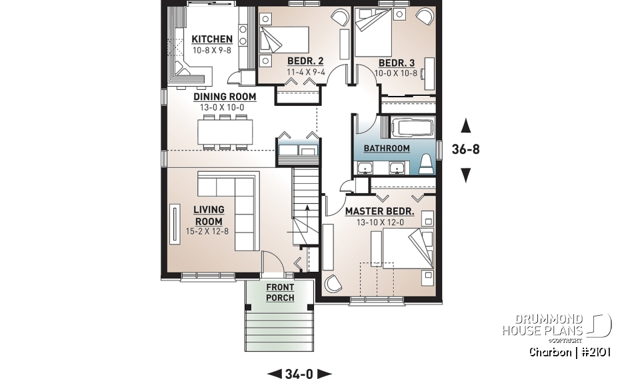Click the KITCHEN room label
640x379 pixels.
click(212, 39)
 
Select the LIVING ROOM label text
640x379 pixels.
click(208, 216)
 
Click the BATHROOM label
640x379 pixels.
click(387, 148)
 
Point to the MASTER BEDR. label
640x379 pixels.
click(379, 212)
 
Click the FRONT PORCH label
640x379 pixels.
click(280, 292)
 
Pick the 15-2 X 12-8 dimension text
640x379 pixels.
click(208, 232)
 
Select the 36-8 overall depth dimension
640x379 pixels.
click(466, 150)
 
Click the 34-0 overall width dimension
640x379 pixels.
click(299, 374)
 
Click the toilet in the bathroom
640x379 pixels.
click(426, 165)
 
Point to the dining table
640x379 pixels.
click(225, 132)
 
